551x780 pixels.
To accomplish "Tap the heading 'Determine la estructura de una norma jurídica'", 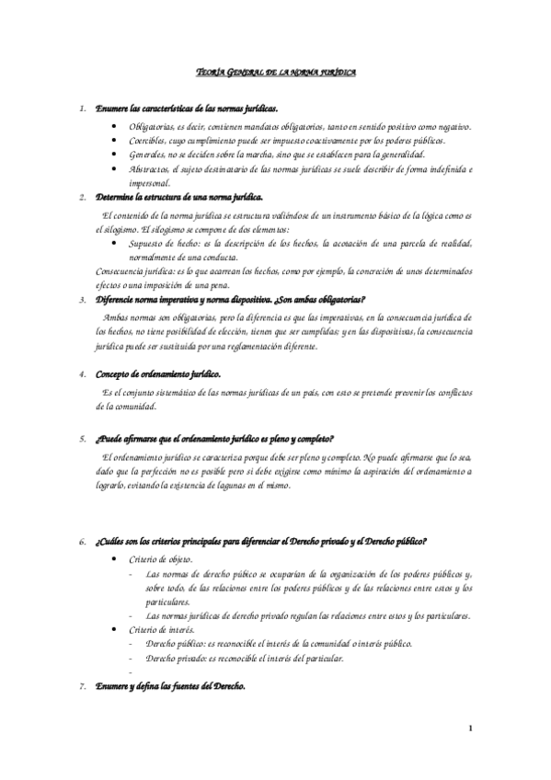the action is (x=178, y=197).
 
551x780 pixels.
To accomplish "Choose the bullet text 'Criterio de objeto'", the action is (x=161, y=558).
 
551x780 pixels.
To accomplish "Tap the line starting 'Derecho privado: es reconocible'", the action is (x=245, y=659).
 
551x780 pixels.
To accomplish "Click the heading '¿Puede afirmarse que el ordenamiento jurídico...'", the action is (x=214, y=438).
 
